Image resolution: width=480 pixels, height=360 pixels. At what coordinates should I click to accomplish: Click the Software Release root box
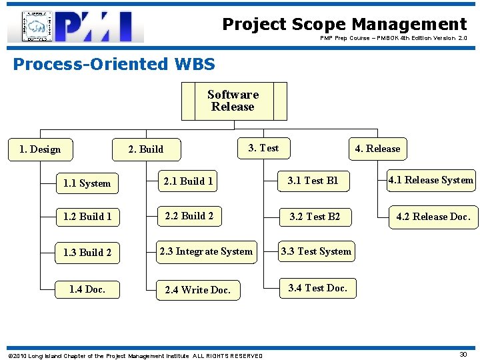[233, 101]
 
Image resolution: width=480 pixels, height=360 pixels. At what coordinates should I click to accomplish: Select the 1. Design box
[40, 149]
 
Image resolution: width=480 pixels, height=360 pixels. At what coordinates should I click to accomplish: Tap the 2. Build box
[146, 149]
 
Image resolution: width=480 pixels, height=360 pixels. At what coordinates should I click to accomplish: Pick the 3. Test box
[263, 148]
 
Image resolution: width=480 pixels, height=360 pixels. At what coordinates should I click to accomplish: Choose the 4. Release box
[377, 149]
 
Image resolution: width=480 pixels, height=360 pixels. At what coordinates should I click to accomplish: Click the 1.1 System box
[87, 183]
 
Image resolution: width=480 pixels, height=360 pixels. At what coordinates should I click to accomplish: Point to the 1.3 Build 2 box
[87, 253]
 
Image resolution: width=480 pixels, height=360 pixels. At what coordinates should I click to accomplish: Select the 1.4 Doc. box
[87, 289]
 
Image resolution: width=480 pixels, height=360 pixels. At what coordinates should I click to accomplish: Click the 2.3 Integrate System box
[206, 251]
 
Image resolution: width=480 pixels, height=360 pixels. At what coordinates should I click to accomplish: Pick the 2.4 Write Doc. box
[197, 289]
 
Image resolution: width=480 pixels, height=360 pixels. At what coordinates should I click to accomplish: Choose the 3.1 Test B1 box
[313, 181]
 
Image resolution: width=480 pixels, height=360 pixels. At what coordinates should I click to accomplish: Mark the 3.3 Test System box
[316, 251]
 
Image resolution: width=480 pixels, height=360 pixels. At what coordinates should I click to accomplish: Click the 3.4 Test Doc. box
[317, 288]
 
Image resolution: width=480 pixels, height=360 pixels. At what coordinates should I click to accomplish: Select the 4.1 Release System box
[431, 180]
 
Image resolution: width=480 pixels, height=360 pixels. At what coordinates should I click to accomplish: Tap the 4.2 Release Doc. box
[433, 217]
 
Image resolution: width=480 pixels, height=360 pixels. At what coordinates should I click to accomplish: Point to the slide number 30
[463, 354]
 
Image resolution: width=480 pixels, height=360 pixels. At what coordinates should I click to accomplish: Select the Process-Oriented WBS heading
[114, 64]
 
